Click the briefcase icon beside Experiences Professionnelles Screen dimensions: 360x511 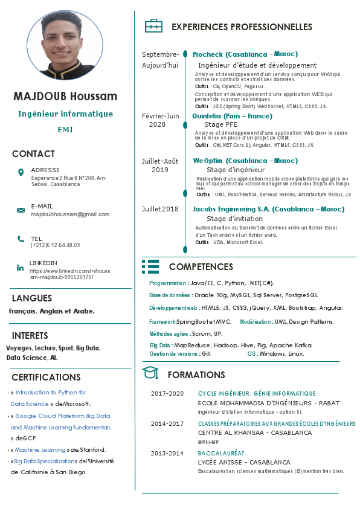(153, 27)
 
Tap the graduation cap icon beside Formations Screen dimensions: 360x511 (150, 373)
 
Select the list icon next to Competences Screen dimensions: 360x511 (150, 266)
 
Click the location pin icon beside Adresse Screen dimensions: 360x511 (21, 173)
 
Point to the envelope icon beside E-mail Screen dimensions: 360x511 (21, 210)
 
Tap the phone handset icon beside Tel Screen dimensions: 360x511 (21, 239)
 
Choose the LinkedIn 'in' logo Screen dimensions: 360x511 (21, 267)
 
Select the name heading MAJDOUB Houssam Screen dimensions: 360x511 (65, 97)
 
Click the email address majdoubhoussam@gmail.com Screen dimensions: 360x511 (69, 214)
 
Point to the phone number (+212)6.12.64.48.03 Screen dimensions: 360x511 (55, 245)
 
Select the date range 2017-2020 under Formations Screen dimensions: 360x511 (167, 394)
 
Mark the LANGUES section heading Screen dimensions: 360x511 (32, 298)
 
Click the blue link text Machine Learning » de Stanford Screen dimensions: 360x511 (42, 450)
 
